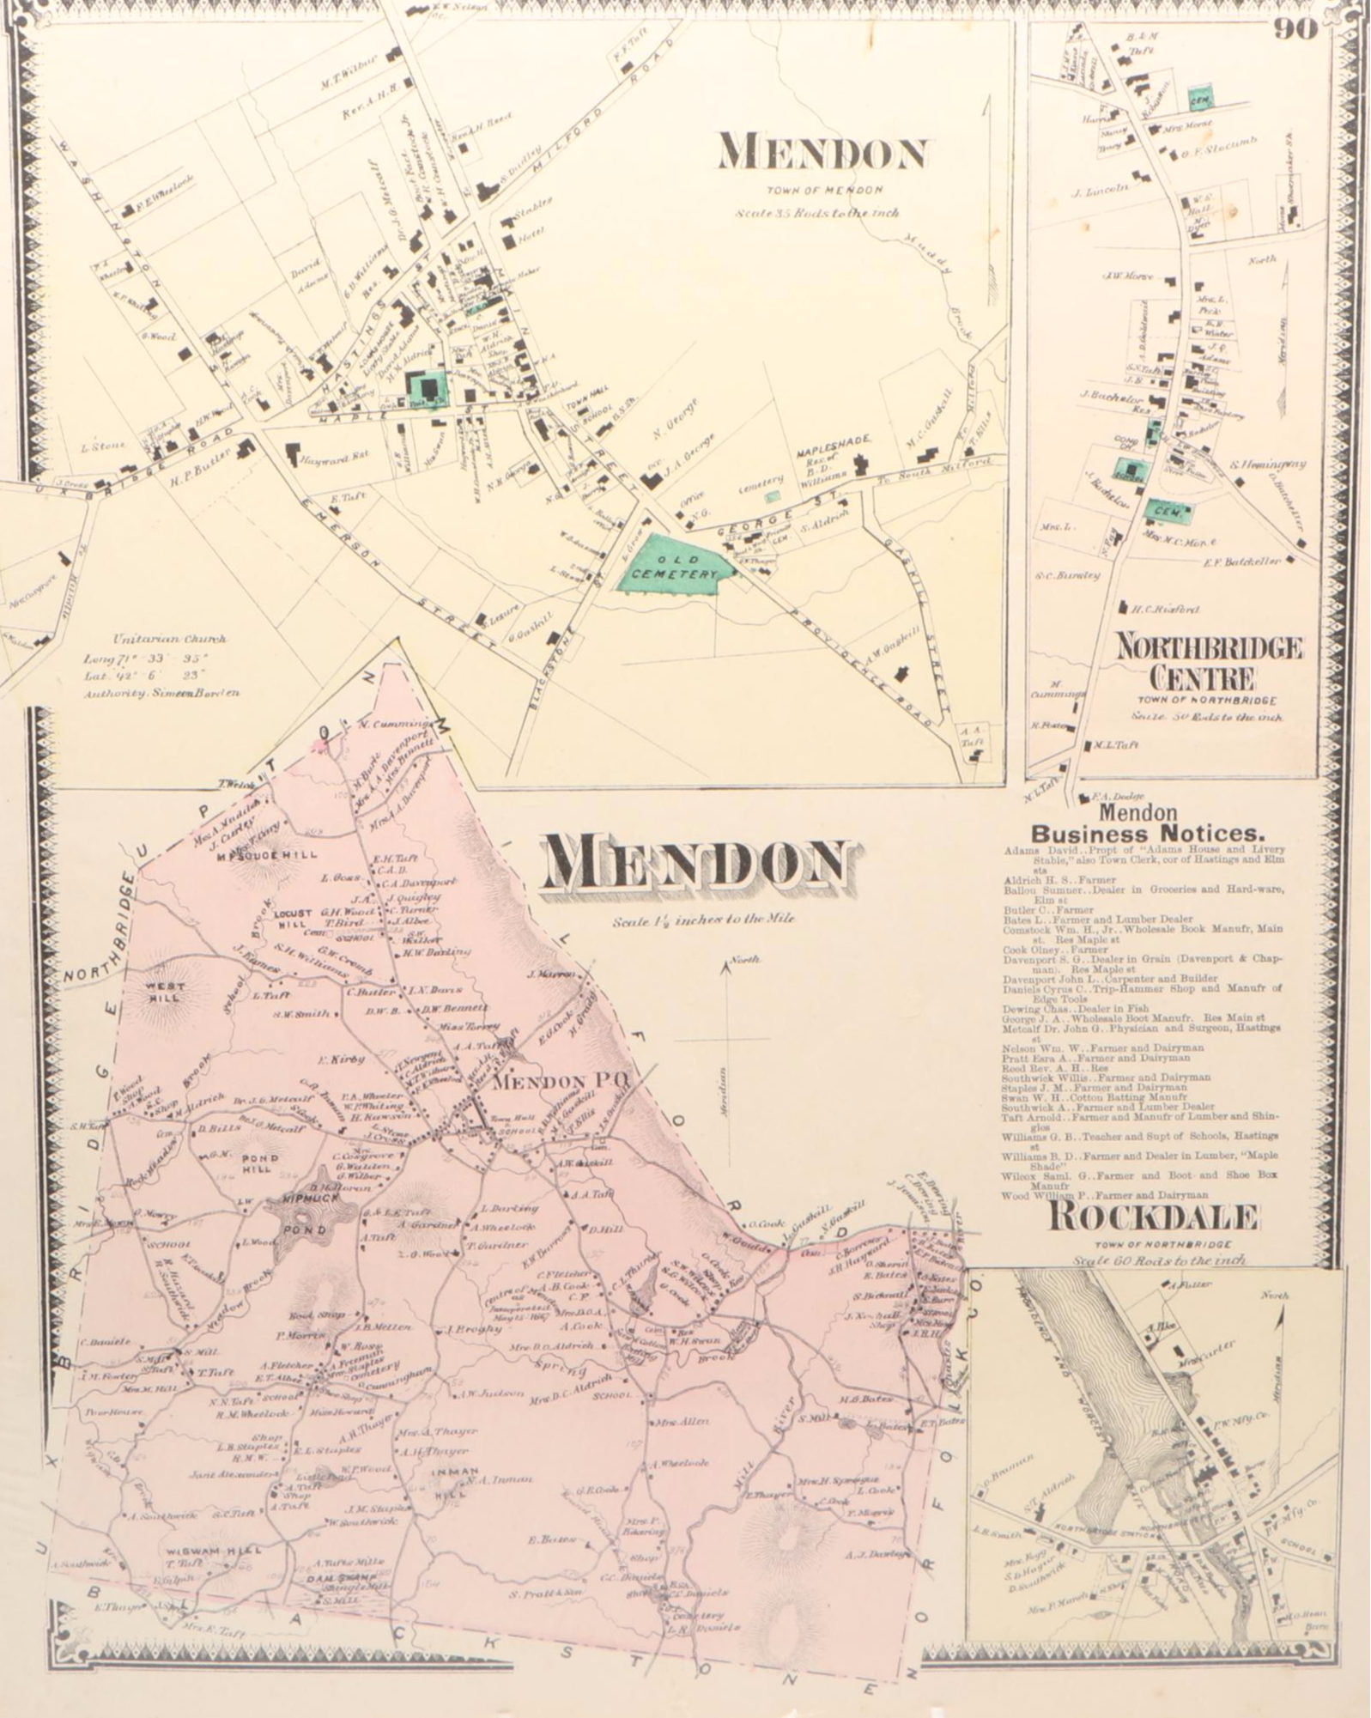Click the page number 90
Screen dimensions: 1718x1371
click(x=1295, y=29)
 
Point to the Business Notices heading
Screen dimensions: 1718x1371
click(x=1148, y=832)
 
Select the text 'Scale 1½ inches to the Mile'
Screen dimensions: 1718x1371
click(x=703, y=919)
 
